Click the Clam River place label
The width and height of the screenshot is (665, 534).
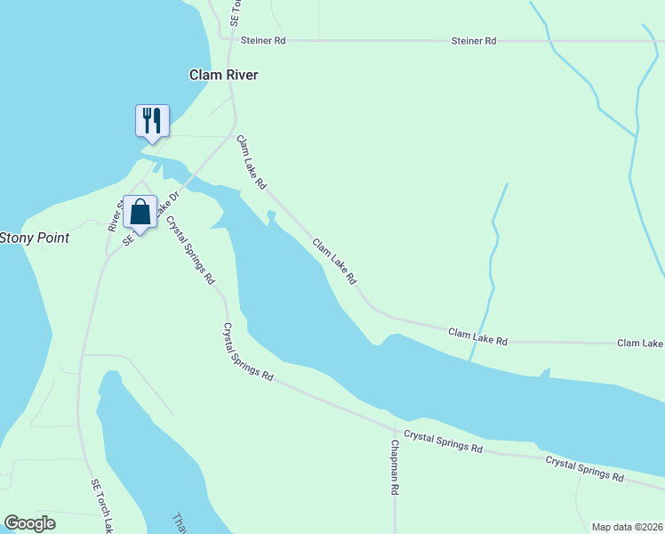[223, 76]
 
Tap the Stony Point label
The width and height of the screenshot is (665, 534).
[34, 238]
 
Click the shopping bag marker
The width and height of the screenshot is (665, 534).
[140, 213]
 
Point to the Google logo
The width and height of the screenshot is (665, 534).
[29, 523]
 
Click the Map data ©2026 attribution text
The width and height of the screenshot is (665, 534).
[627, 526]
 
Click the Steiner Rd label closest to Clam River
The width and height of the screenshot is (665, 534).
[262, 41]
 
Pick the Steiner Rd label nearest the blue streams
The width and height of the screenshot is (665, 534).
[473, 41]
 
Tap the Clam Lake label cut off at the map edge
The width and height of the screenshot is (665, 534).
[640, 343]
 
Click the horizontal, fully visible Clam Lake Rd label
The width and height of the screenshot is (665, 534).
[477, 336]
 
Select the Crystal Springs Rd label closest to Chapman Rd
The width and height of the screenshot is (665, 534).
[443, 441]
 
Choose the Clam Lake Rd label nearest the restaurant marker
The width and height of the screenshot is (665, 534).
[251, 163]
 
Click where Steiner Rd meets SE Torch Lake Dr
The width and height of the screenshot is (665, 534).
[234, 40]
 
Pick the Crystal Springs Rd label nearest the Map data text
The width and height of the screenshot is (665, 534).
[584, 469]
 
